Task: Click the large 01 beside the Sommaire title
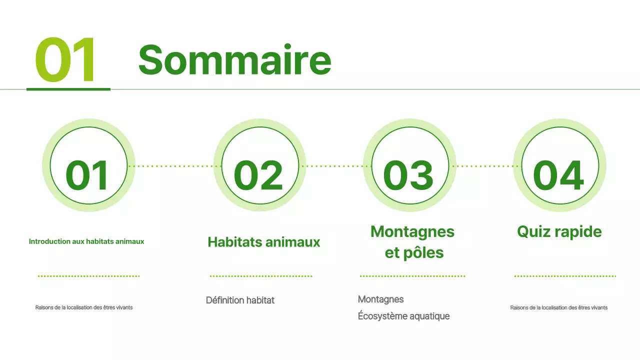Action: [65, 60]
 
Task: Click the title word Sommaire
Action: [234, 60]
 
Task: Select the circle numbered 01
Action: [88, 165]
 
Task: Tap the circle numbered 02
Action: [259, 165]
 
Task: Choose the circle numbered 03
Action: [409, 165]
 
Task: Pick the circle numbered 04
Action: [559, 165]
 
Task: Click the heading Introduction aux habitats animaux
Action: [86, 241]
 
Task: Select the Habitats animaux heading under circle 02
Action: [264, 242]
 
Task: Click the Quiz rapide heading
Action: [559, 232]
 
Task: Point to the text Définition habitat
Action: [240, 300]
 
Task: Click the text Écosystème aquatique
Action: [403, 316]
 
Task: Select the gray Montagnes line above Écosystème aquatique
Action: [381, 299]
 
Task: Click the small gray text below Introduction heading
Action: [84, 308]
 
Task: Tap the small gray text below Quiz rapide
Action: [559, 308]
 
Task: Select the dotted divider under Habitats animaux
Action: [261, 276]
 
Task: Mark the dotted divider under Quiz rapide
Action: [565, 276]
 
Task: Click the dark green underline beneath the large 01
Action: [68, 89]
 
